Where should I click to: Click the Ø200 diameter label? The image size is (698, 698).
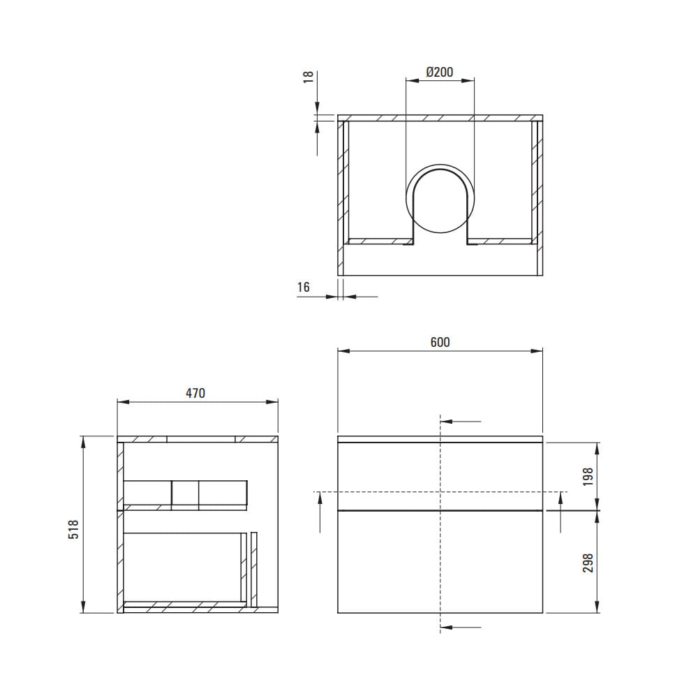pos(439,72)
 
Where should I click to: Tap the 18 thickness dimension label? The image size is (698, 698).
pos(309,77)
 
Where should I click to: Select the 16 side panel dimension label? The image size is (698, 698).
pos(304,287)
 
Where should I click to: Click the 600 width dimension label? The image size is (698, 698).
pos(440,342)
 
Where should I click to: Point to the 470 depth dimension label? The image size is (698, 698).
pos(195,393)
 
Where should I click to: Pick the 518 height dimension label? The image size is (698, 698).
pos(73,529)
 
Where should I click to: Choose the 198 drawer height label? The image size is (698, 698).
pos(588,477)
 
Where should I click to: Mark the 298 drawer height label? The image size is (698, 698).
pos(588,563)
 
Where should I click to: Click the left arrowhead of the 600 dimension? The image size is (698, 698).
pos(343,351)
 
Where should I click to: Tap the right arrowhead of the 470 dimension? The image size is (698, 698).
pos(272,402)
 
